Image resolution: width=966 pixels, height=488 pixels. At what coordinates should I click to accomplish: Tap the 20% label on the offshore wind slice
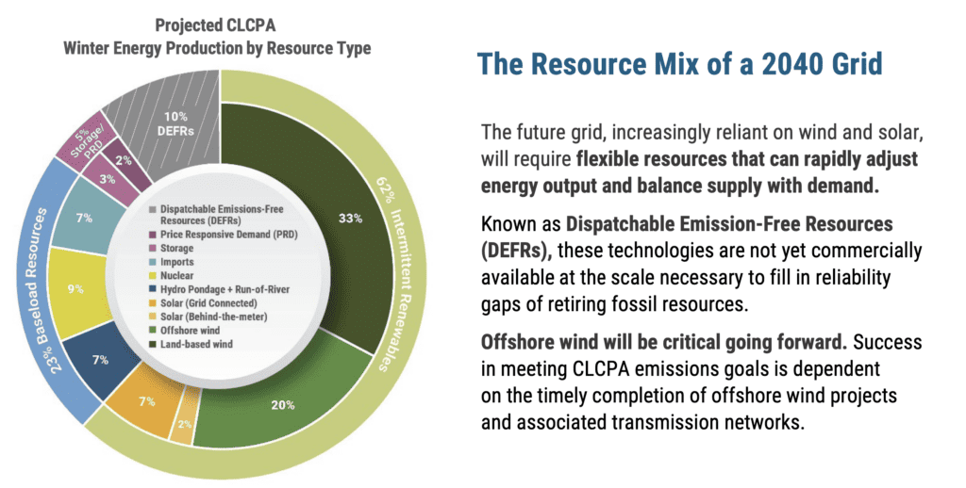(284, 405)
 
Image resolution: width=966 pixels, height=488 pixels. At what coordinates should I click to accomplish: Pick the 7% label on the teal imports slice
(85, 219)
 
